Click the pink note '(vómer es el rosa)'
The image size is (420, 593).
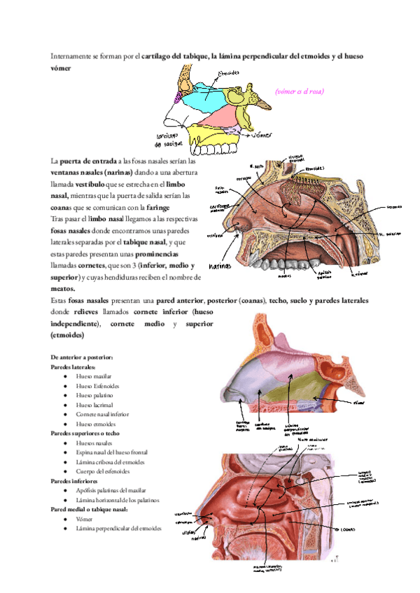click(299, 91)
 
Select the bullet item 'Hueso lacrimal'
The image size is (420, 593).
click(93, 404)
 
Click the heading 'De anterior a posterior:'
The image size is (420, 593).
click(82, 357)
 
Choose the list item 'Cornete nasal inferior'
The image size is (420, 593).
click(103, 414)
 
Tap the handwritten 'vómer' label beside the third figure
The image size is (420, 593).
click(359, 403)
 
